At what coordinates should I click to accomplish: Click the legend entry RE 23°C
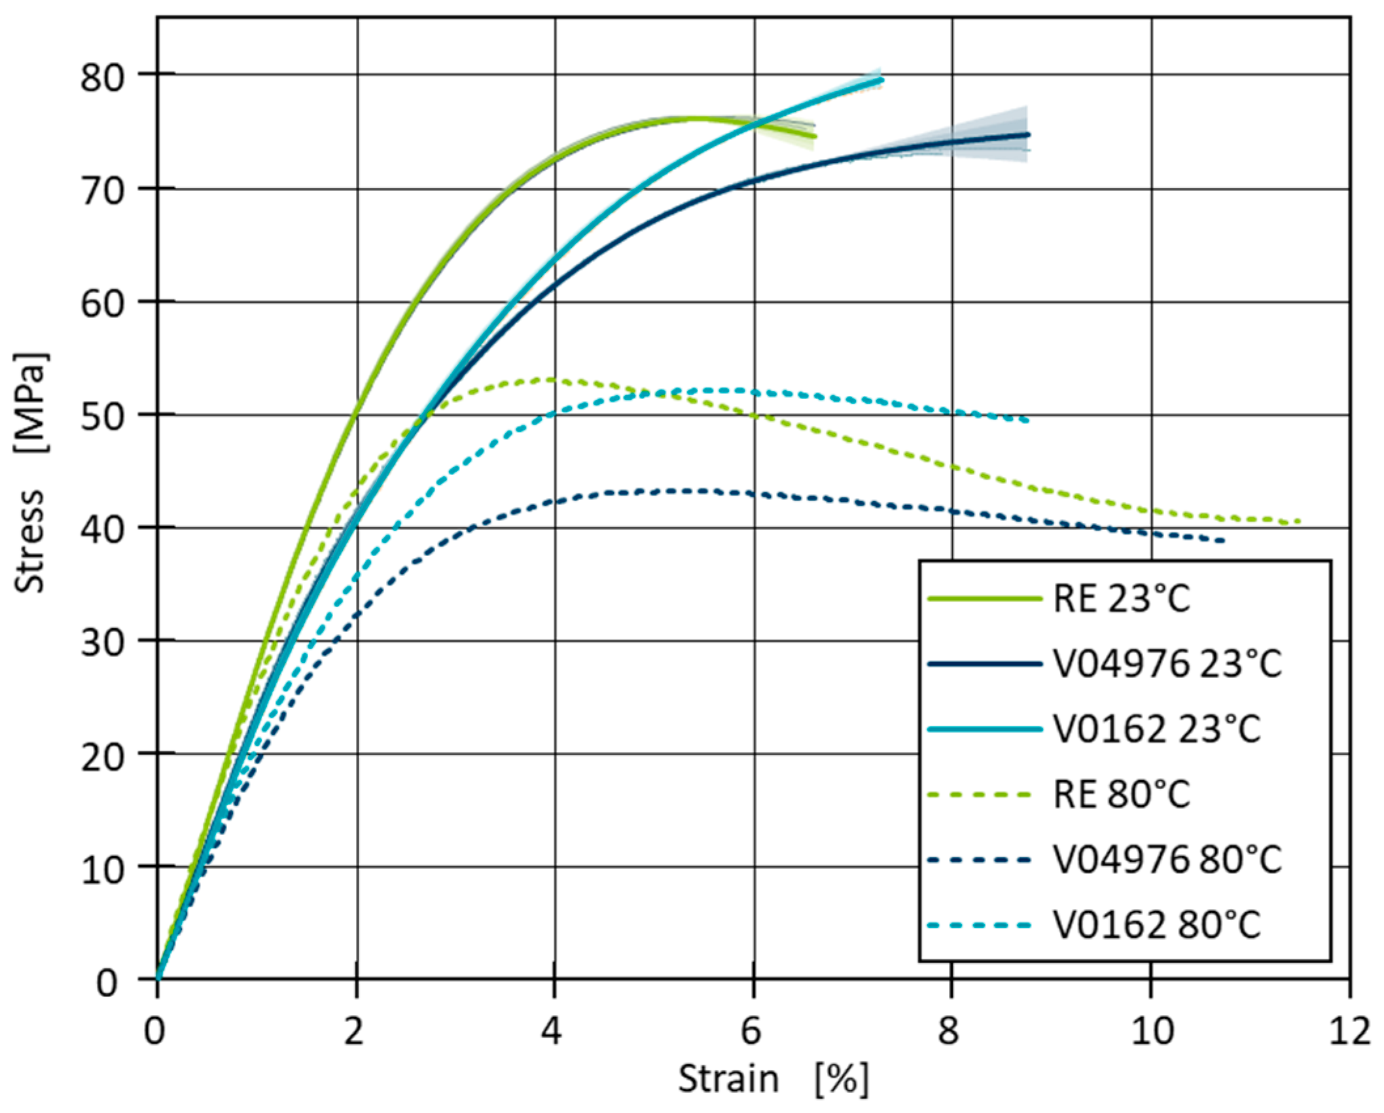click(1121, 598)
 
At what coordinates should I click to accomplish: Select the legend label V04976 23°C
click(1167, 663)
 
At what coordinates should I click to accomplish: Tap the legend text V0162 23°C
click(1156, 729)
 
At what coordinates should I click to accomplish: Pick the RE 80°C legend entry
click(1121, 794)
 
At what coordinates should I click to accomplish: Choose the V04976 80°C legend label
click(1167, 860)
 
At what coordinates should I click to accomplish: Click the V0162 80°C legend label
click(1156, 925)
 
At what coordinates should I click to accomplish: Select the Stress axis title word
click(29, 541)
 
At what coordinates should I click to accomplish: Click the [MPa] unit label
click(29, 402)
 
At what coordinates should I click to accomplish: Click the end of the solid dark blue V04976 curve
click(1028, 135)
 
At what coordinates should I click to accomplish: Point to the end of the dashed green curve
click(1298, 521)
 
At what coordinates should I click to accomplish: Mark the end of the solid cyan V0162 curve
click(881, 80)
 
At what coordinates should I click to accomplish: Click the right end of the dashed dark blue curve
click(1222, 540)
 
